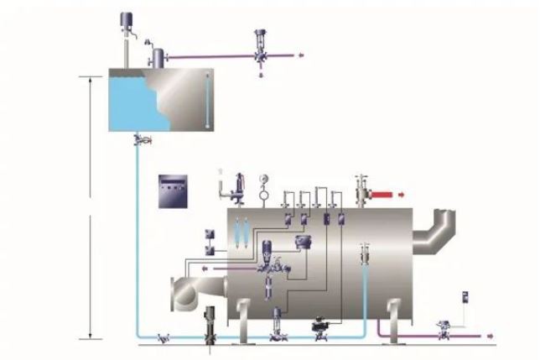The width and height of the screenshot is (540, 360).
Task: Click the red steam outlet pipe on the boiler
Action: tap(382, 197)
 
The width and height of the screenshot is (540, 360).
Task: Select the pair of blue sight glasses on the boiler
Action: tap(240, 228)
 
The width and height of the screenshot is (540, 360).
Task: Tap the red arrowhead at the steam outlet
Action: tap(400, 197)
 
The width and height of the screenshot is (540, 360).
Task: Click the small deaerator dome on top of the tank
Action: tap(157, 57)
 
